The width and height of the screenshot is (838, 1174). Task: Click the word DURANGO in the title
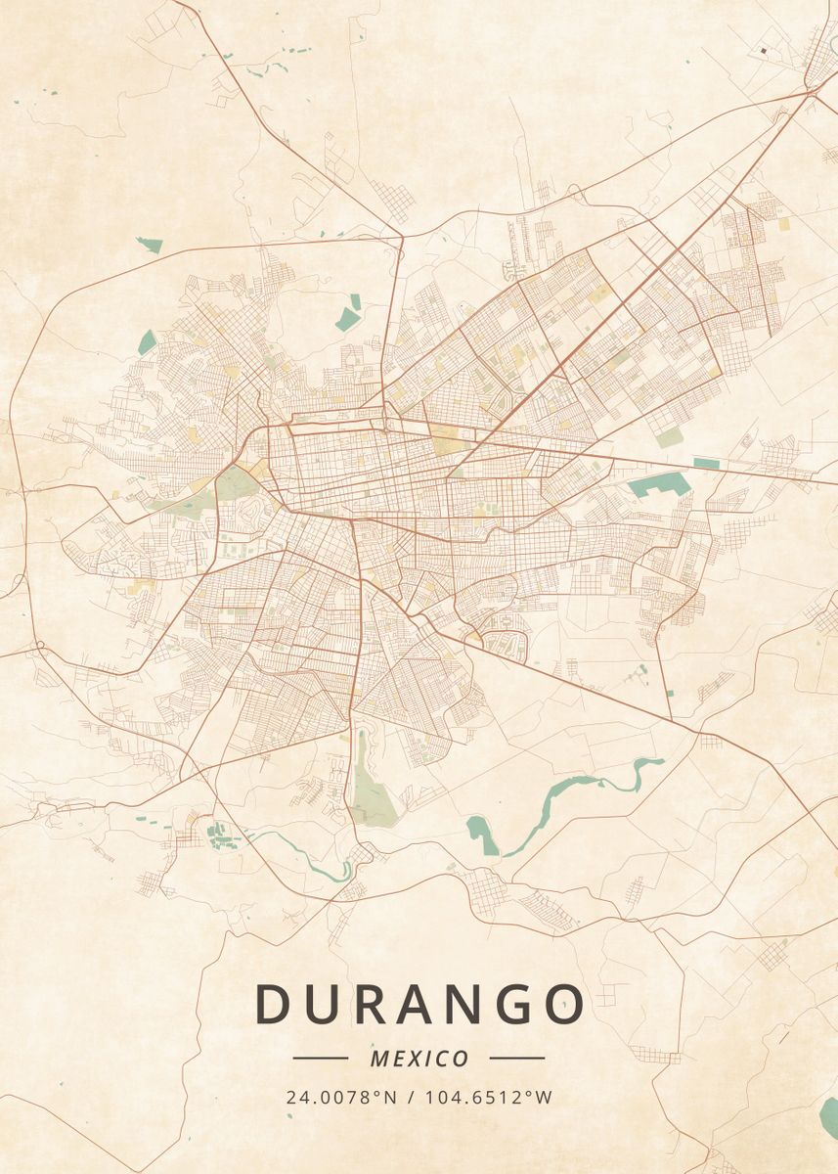click(419, 1004)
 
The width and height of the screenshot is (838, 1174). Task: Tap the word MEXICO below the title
click(419, 1059)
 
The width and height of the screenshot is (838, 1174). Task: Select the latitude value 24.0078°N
click(341, 1097)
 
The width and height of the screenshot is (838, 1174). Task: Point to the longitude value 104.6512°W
click(488, 1097)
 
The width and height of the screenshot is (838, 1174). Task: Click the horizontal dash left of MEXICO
click(320, 1058)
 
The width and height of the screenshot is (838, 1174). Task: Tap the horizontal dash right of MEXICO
click(516, 1058)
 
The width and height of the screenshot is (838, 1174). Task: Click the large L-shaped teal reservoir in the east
click(657, 484)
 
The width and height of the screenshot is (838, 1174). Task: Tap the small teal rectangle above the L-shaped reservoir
click(706, 463)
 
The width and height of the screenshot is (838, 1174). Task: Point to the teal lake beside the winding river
click(482, 835)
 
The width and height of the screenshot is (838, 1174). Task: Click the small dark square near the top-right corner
click(762, 49)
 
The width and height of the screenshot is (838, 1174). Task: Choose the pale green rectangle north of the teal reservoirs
click(669, 437)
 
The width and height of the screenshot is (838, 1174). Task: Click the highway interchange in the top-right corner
click(811, 91)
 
